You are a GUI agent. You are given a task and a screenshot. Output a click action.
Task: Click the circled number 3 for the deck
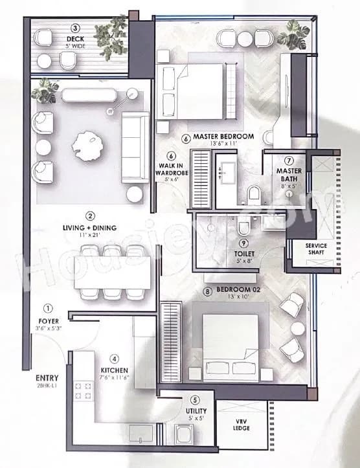pyautogui.click(x=75, y=28)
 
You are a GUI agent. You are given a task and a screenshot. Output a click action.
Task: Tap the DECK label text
pyautogui.click(x=75, y=39)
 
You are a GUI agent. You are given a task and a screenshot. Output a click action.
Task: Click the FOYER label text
pyautogui.click(x=48, y=320)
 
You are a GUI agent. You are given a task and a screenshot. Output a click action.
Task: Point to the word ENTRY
pyautogui.click(x=47, y=377)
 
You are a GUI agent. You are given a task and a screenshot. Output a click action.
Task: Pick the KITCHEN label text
pyautogui.click(x=114, y=369)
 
